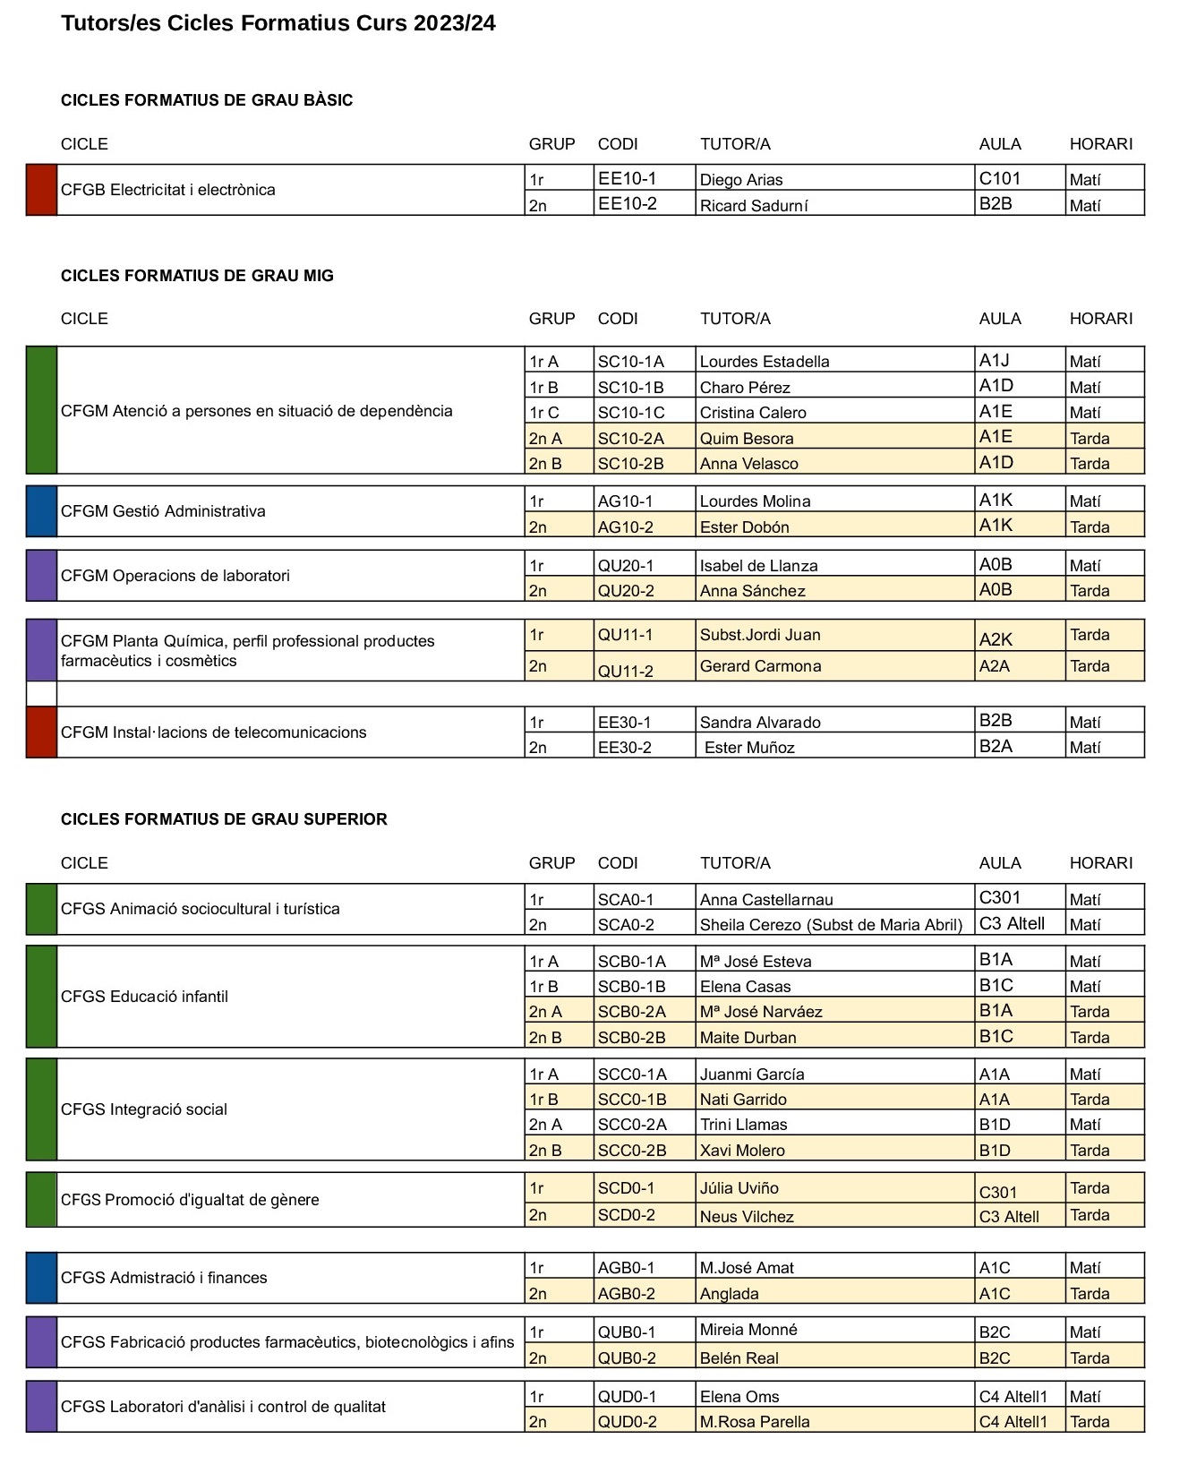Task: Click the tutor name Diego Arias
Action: tap(741, 180)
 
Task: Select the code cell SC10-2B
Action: tap(631, 464)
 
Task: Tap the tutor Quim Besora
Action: tap(747, 439)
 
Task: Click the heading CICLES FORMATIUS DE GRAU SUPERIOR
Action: tap(224, 819)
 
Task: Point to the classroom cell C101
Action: tap(1000, 178)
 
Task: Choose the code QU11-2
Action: tap(626, 671)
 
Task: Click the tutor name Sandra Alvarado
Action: tap(760, 723)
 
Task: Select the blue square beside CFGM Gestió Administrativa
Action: tap(41, 511)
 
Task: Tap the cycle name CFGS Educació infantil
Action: tap(144, 997)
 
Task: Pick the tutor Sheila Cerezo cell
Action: tap(831, 925)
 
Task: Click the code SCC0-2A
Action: tap(632, 1125)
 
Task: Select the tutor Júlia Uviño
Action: tap(739, 1188)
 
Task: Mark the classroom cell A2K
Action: tap(996, 639)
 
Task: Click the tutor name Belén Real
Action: tap(739, 1358)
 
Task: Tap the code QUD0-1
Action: tap(627, 1397)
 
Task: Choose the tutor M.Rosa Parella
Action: tap(755, 1422)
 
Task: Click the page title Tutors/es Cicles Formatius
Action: tap(278, 23)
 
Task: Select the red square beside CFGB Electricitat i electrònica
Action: tap(41, 190)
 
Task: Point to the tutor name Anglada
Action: tap(730, 1294)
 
